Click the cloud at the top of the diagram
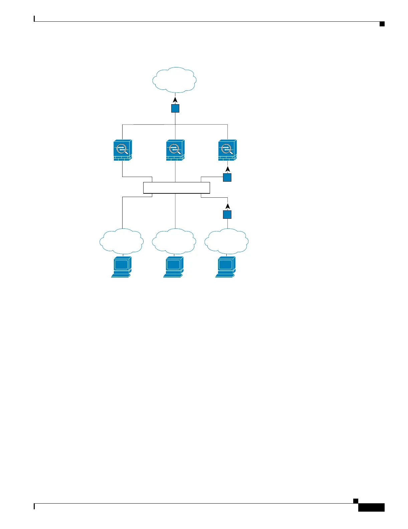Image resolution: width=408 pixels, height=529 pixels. coord(174,80)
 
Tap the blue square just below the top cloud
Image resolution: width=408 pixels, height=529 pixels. coord(175,109)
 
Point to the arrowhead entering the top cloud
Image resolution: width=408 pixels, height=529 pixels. coord(175,100)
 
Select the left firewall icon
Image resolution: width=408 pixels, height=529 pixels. coord(123,150)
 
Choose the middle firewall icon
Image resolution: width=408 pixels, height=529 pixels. coord(175,150)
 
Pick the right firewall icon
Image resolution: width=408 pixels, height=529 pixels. coord(227,150)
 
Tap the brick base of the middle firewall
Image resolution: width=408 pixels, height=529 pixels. coord(175,158)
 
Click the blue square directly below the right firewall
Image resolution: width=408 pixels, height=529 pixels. coord(227,177)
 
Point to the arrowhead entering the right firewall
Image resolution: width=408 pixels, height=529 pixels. coord(227,169)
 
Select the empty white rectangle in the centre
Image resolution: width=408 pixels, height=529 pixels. coord(177,188)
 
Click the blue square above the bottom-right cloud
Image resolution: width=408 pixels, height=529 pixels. coord(227,214)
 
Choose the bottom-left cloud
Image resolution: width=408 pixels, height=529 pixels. coord(122,241)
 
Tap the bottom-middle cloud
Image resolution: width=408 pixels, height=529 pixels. coord(174,241)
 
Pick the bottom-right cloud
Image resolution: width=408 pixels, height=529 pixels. coord(226,241)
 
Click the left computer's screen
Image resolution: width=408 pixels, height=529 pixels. coord(121,264)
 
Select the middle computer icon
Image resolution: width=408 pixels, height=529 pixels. coord(173,267)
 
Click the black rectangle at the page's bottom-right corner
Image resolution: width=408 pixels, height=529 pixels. coord(371,508)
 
